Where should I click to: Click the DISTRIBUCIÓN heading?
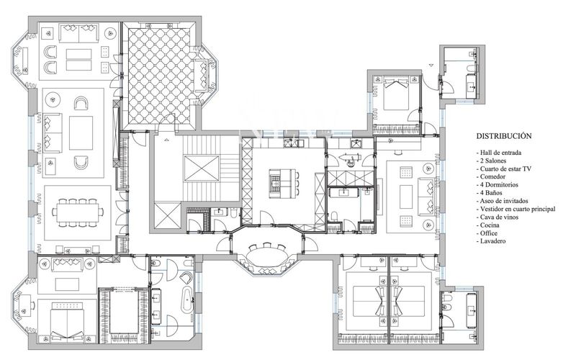(x=504, y=135)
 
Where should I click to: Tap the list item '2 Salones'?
(x=494, y=161)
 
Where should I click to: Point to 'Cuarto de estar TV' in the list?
(x=503, y=168)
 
